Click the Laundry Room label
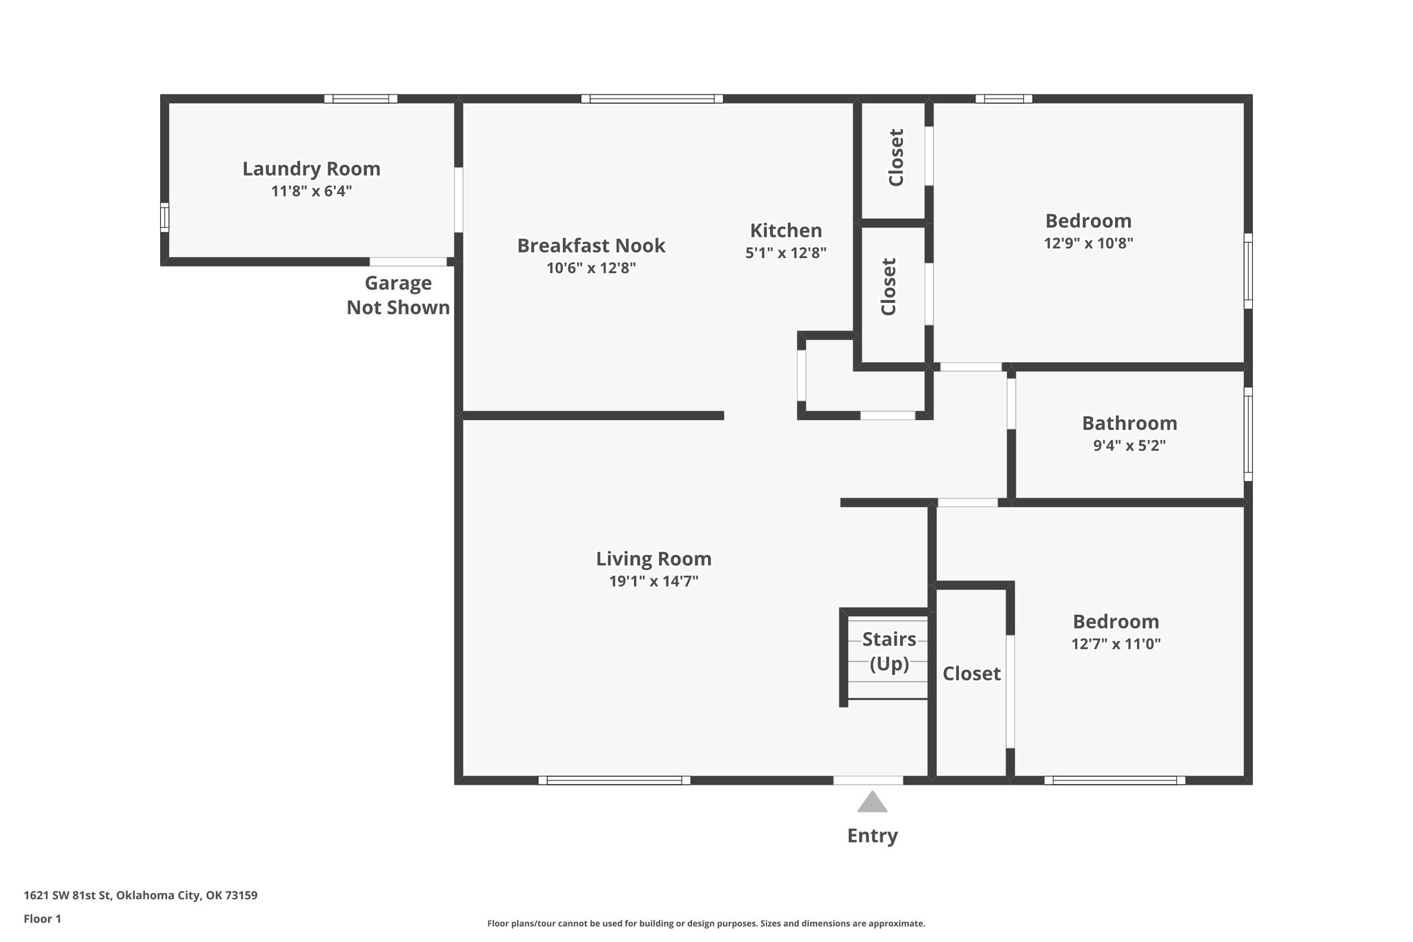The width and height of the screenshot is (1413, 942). tap(311, 168)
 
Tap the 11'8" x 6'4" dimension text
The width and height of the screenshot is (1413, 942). tap(311, 191)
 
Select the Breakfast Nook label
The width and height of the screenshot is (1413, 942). tap(591, 245)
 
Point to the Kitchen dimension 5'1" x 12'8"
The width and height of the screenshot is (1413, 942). tap(786, 253)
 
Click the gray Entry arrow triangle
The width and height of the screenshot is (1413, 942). tap(872, 803)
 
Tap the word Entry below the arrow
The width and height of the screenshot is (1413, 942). tap(872, 836)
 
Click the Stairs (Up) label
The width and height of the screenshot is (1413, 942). tap(889, 651)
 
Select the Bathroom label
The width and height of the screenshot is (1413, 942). tap(1129, 423)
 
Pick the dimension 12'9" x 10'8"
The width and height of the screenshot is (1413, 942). tap(1088, 243)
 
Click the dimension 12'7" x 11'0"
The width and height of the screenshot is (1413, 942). tap(1116, 644)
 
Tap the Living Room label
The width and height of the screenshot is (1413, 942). tap(653, 558)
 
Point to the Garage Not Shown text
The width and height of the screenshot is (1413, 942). tap(398, 295)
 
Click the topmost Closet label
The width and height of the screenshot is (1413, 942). tap(896, 157)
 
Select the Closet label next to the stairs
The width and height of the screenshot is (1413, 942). tap(971, 674)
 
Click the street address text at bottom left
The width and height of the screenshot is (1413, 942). tap(141, 896)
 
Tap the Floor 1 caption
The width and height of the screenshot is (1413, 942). tap(42, 919)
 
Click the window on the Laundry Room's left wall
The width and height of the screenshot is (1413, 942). tap(164, 217)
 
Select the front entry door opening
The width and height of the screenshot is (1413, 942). tap(868, 781)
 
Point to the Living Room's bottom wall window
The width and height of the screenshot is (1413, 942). tap(614, 781)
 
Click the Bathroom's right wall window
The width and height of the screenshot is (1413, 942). tap(1248, 434)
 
